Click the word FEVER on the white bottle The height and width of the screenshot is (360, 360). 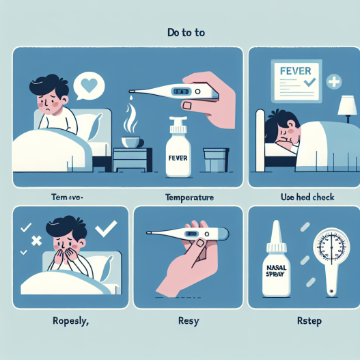point(177,156)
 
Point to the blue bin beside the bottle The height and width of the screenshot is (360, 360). point(215,160)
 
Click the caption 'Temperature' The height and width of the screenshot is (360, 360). point(189,197)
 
